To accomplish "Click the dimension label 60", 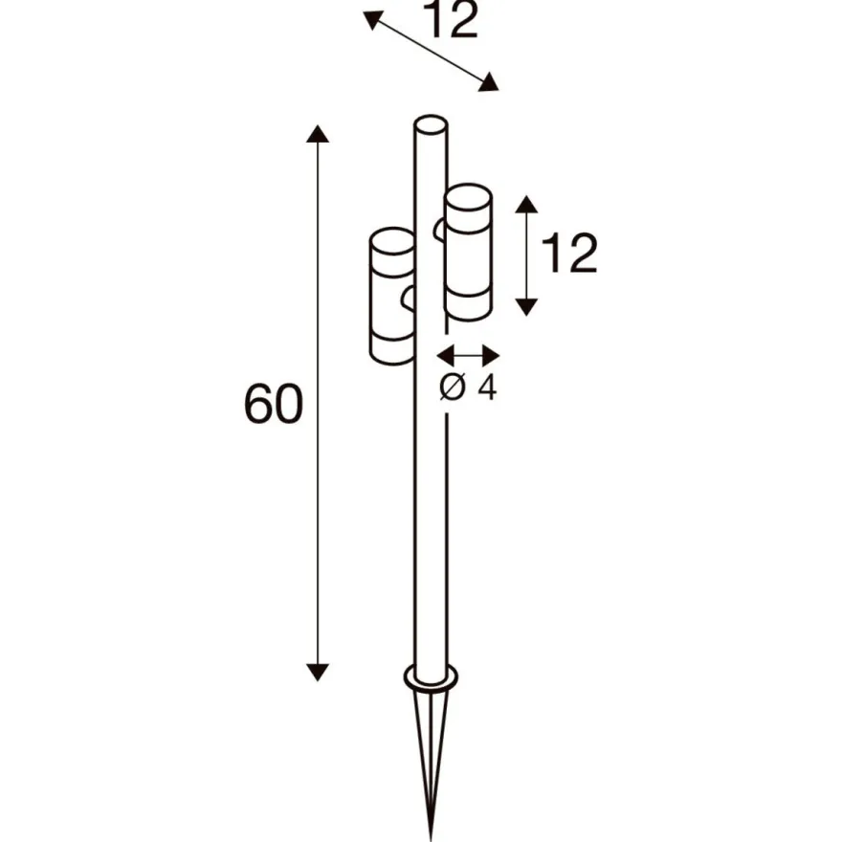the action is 274,403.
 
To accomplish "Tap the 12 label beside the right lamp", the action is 569,254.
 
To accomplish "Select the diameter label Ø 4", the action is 468,388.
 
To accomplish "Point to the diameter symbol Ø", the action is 452,388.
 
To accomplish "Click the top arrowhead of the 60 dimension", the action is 318,134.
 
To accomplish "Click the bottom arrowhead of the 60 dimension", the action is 318,673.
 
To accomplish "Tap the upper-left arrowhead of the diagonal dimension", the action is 373,20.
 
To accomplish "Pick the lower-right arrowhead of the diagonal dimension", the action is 489,82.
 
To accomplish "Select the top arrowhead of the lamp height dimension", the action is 526,204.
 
